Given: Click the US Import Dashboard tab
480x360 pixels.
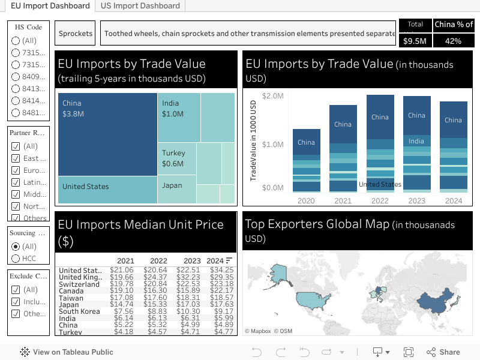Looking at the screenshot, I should (140, 5).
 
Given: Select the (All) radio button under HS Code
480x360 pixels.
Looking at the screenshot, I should (16, 41).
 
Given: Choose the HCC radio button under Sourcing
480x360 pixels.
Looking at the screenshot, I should (16, 259).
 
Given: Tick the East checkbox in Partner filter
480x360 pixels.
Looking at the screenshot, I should (16, 158).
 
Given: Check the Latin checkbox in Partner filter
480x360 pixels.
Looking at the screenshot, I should (16, 182).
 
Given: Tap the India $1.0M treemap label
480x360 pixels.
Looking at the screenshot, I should (173, 109).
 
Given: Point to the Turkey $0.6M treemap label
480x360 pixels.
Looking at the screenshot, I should (173, 158).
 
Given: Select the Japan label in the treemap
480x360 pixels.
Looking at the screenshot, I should (172, 185).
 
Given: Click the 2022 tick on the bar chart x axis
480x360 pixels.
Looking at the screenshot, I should (380, 201).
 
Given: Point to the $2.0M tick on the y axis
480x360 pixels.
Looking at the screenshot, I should (272, 96).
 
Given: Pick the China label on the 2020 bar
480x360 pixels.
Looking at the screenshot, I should (306, 142).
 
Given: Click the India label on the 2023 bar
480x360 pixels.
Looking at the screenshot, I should (416, 141).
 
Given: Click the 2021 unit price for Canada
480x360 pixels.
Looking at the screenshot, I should (122, 291).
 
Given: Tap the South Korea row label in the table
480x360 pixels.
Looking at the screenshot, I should (79, 311).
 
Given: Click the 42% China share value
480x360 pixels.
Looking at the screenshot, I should (453, 41).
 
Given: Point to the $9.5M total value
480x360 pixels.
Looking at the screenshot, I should (415, 41).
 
